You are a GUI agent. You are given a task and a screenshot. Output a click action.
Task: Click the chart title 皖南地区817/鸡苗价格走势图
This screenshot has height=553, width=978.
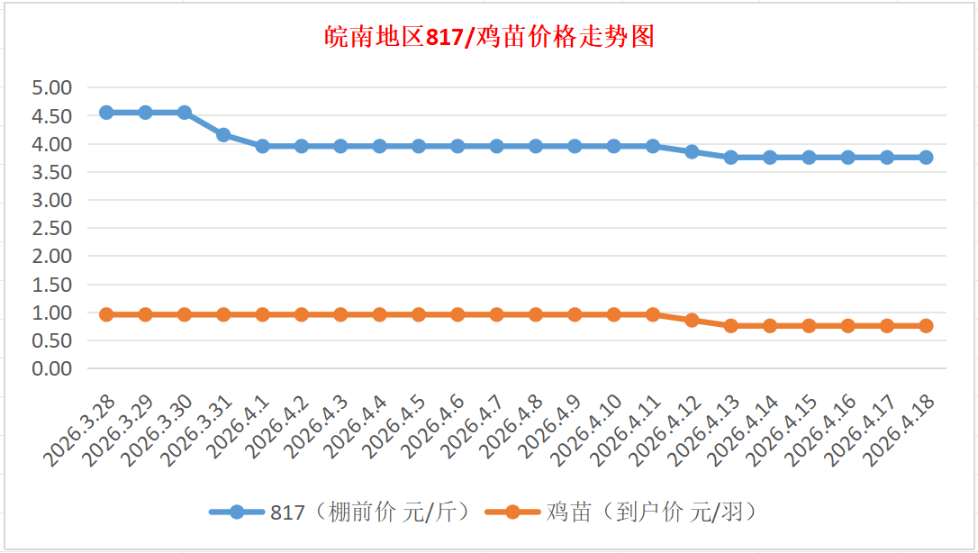click(x=489, y=38)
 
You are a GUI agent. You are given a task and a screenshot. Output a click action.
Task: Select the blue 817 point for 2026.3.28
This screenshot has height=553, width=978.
click(x=106, y=113)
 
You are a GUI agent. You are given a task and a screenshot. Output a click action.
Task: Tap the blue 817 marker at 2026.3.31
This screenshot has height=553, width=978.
click(x=223, y=135)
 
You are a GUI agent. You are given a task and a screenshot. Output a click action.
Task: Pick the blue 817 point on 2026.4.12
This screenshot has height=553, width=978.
click(x=692, y=151)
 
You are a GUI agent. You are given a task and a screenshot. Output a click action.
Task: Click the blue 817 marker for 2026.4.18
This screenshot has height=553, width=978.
click(x=926, y=157)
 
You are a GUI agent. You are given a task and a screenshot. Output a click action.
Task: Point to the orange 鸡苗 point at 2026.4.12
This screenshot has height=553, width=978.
click(x=692, y=320)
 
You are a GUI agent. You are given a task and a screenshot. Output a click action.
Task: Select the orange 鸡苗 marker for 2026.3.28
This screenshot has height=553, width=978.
click(x=106, y=314)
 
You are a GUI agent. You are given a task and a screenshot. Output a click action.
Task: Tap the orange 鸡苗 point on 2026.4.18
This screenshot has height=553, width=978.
click(x=926, y=326)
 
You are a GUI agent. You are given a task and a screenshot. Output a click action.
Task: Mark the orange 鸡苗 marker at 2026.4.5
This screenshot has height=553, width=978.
click(x=419, y=314)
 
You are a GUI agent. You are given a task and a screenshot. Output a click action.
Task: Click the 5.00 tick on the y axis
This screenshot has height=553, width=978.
click(x=51, y=88)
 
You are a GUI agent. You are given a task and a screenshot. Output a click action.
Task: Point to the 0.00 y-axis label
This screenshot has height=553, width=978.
click(x=51, y=368)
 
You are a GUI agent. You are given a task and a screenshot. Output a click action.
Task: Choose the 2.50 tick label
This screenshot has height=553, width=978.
click(x=51, y=229)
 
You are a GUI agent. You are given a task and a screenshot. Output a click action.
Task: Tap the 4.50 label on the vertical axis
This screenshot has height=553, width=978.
click(x=51, y=116)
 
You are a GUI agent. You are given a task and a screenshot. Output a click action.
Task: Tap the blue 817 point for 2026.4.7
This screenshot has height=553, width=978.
click(x=496, y=146)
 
